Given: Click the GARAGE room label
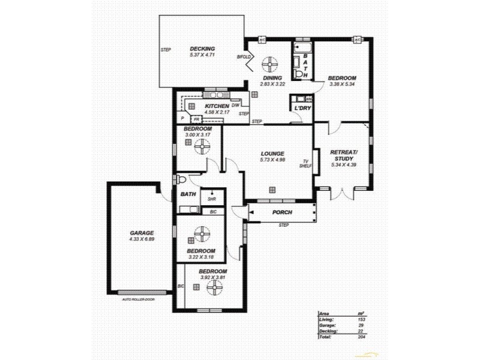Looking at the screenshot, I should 142,233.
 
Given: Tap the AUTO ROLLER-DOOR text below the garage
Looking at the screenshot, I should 139,298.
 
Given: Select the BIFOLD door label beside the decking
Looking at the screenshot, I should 244,57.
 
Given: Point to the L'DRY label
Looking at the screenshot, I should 302,107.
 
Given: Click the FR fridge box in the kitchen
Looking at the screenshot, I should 196,119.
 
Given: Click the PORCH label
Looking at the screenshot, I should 282,212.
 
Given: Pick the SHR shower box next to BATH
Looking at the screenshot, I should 212,199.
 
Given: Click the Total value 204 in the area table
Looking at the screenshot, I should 361,337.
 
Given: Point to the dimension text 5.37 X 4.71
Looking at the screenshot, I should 202,55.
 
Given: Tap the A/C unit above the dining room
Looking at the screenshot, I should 262,40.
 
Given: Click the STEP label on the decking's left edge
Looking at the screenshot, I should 166,50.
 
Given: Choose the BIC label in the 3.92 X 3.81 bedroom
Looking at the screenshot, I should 181,286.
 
